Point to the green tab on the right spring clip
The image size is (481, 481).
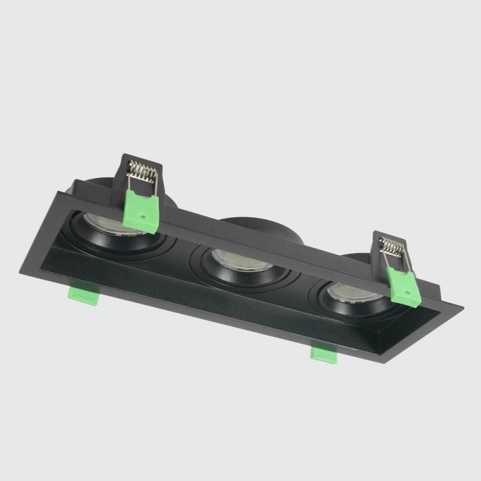(403, 286)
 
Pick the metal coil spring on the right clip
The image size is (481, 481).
(392, 245)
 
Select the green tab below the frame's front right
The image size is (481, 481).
(324, 353)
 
